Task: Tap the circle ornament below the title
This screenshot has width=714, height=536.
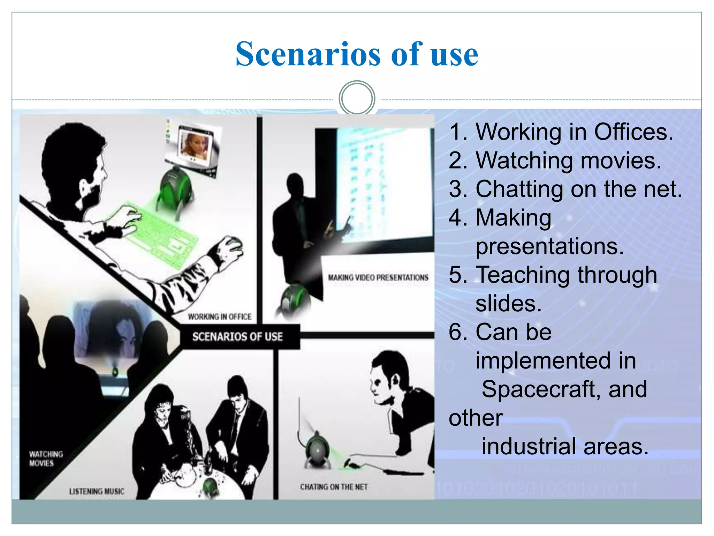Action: click(x=357, y=98)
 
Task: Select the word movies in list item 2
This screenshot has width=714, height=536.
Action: click(x=621, y=161)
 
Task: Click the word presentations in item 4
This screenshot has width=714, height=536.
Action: click(x=549, y=246)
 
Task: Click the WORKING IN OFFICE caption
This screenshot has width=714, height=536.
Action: click(x=220, y=317)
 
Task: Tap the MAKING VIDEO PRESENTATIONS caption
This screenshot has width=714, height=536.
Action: click(x=378, y=277)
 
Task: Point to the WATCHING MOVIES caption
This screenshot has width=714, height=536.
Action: click(x=46, y=459)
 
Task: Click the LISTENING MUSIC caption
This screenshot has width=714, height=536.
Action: click(x=97, y=491)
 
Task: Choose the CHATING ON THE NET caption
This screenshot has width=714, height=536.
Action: click(x=334, y=487)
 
